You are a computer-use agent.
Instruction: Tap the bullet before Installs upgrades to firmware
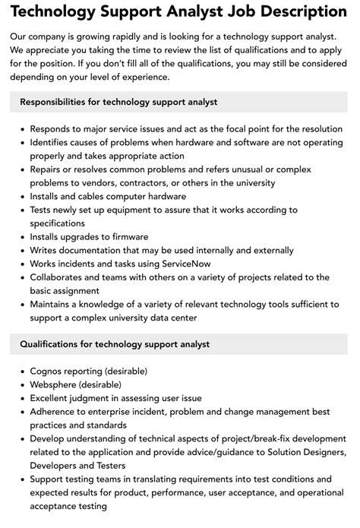22,236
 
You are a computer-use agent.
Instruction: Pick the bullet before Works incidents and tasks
22,262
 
